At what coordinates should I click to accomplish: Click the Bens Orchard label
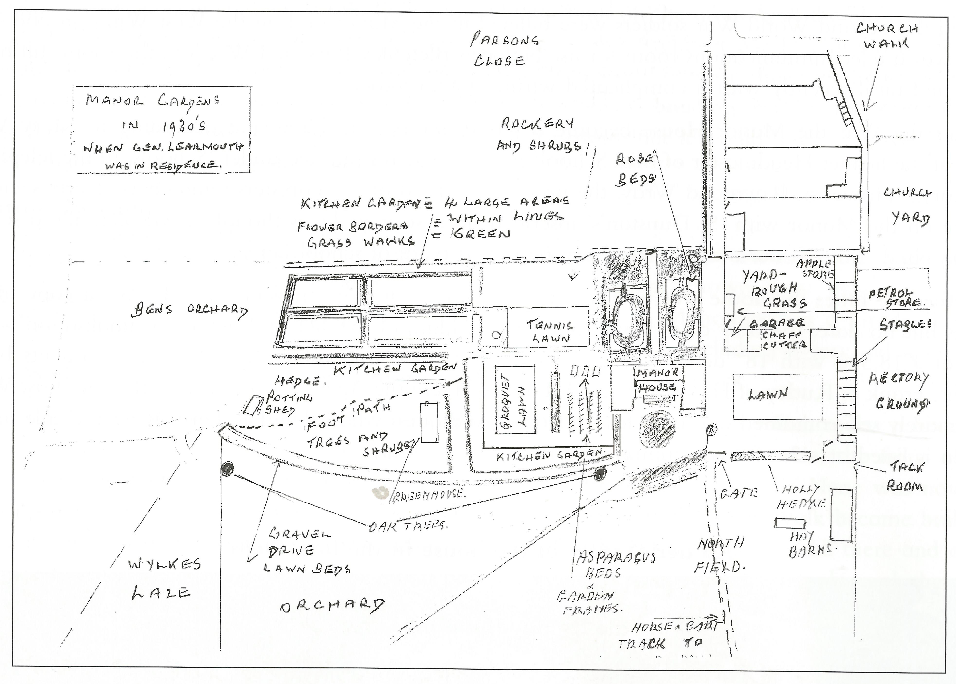pos(190,310)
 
